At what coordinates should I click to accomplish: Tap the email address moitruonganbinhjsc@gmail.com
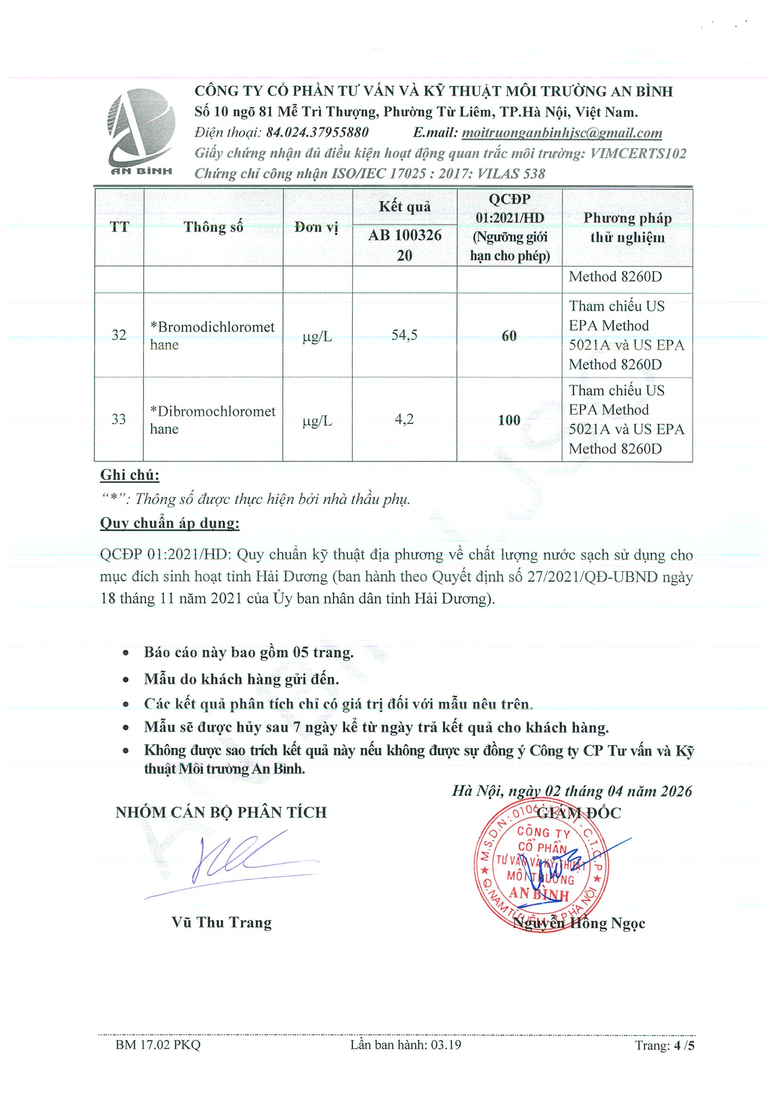click(561, 133)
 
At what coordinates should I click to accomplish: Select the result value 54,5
click(404, 335)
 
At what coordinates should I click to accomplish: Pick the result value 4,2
click(404, 420)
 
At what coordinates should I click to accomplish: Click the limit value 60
click(509, 336)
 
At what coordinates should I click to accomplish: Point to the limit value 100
click(509, 421)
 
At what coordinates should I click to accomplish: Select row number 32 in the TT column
click(119, 335)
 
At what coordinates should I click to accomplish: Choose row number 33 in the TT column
click(119, 420)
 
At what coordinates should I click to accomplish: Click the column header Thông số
click(213, 227)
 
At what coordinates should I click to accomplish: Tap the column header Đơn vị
click(317, 227)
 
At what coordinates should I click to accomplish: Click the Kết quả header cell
click(404, 207)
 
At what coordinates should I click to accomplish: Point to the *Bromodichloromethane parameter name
click(212, 335)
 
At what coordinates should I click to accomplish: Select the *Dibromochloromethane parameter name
click(212, 420)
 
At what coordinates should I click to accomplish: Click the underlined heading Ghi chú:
click(130, 475)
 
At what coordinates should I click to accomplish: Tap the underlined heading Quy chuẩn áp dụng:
click(170, 523)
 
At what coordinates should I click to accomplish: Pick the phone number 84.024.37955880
click(317, 132)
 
